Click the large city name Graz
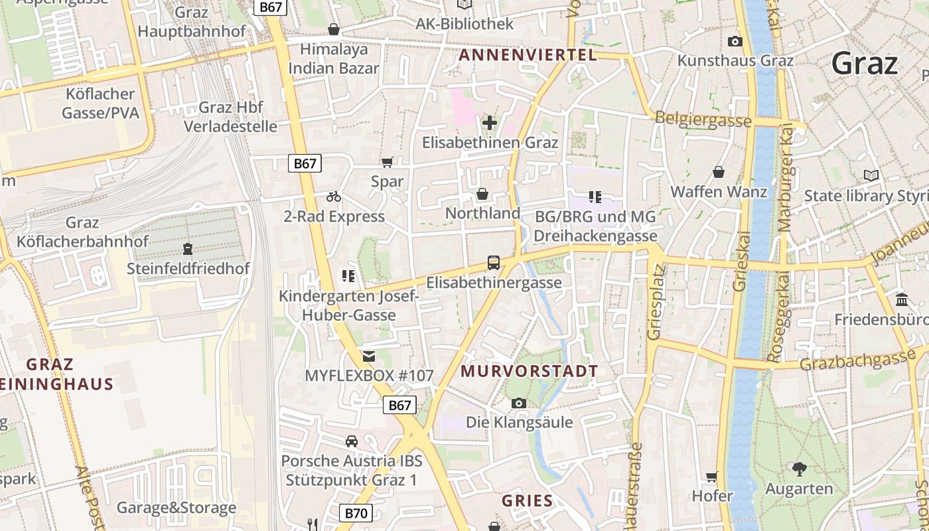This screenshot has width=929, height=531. pyautogui.click(x=865, y=64)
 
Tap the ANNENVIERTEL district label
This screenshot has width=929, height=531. pyautogui.click(x=528, y=55)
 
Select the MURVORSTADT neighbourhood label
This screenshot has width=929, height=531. pyautogui.click(x=529, y=370)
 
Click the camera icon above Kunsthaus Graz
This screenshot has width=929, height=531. pyautogui.click(x=735, y=41)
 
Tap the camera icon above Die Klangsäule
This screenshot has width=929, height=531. pyautogui.click(x=519, y=403)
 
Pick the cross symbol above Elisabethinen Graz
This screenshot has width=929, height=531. pyautogui.click(x=490, y=123)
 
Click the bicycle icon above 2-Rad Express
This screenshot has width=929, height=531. pyautogui.click(x=334, y=196)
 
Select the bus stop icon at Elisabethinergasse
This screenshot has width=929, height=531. pyautogui.click(x=494, y=263)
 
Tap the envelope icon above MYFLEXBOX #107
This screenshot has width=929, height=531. pyautogui.click(x=369, y=356)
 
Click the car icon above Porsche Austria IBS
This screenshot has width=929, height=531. pyautogui.click(x=351, y=441)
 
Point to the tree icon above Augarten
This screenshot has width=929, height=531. pyautogui.click(x=799, y=469)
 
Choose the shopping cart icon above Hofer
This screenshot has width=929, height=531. pyautogui.click(x=712, y=477)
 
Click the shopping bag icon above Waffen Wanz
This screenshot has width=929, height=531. pyautogui.click(x=719, y=173)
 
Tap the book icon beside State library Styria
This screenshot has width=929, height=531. pyautogui.click(x=871, y=176)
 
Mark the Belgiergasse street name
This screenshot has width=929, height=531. pyautogui.click(x=703, y=119)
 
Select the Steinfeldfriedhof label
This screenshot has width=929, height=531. pyautogui.click(x=188, y=268)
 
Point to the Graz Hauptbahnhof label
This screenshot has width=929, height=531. pyautogui.click(x=191, y=21)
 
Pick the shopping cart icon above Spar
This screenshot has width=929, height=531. pyautogui.click(x=388, y=162)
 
